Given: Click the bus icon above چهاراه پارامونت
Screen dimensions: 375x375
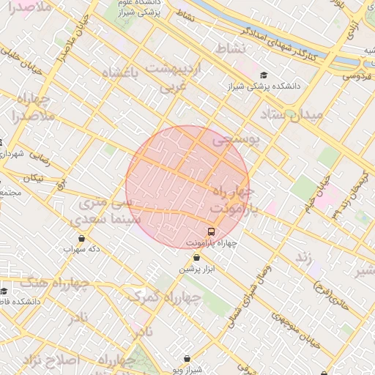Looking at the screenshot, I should click(211, 231).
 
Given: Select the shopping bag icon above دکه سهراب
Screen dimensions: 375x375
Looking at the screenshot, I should click(81, 239).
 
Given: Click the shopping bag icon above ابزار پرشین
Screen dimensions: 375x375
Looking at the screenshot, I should click(196, 258).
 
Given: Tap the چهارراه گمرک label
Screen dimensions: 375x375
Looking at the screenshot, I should click(163, 296).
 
